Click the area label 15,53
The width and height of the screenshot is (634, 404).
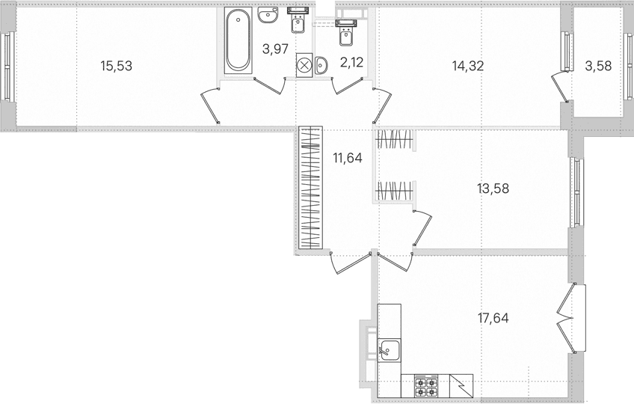click(x=117, y=66)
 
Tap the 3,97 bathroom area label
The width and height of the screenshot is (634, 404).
click(x=275, y=49)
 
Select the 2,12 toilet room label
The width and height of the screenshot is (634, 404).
click(x=352, y=62)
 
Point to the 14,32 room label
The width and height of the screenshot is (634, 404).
click(x=468, y=66)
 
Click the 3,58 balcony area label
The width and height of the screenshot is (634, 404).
click(x=598, y=66)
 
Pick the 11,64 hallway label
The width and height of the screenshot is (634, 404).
click(x=348, y=157)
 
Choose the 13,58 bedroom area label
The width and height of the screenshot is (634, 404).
click(x=493, y=189)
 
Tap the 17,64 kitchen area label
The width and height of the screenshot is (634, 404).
click(x=493, y=318)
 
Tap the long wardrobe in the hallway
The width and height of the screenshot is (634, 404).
click(x=310, y=188)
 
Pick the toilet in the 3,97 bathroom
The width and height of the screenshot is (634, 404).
click(x=298, y=20)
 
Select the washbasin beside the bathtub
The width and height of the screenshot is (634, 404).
click(x=268, y=16)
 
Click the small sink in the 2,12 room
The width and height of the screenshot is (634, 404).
click(x=321, y=65)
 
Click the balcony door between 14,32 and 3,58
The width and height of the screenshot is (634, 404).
click(x=560, y=86)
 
